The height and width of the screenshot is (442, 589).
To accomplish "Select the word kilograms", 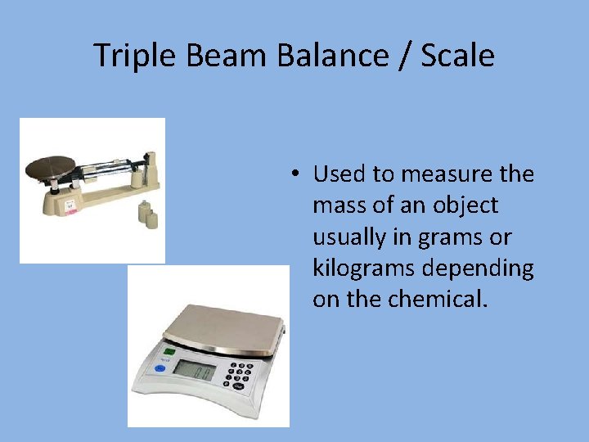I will click(x=364, y=268).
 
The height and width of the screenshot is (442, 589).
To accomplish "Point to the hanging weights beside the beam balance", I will click(x=147, y=214).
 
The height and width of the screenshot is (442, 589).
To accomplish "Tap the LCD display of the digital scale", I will click(x=196, y=371).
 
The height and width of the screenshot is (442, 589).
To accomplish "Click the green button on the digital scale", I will click(x=169, y=352).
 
